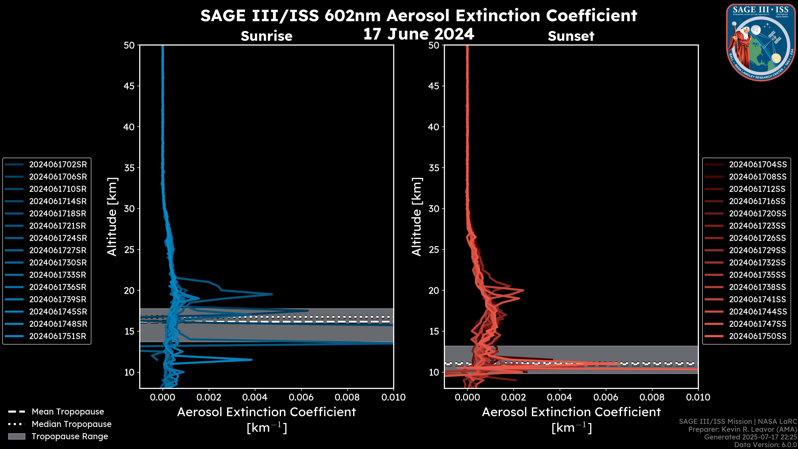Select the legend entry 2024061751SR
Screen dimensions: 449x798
(x=58, y=336)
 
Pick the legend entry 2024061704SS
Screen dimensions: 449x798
(x=757, y=165)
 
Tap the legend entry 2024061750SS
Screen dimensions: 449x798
(x=757, y=336)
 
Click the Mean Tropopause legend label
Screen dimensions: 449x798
(x=68, y=412)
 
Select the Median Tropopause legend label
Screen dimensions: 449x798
(x=71, y=424)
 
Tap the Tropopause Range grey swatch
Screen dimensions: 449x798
(x=16, y=437)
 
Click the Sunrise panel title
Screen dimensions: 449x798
(x=266, y=36)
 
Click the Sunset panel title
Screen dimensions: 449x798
(x=571, y=36)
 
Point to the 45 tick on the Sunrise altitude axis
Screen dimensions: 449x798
(x=129, y=86)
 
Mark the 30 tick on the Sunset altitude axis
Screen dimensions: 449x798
(x=434, y=209)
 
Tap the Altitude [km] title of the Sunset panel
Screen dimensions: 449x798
(x=417, y=217)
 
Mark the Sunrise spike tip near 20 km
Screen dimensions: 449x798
(x=272, y=294)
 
